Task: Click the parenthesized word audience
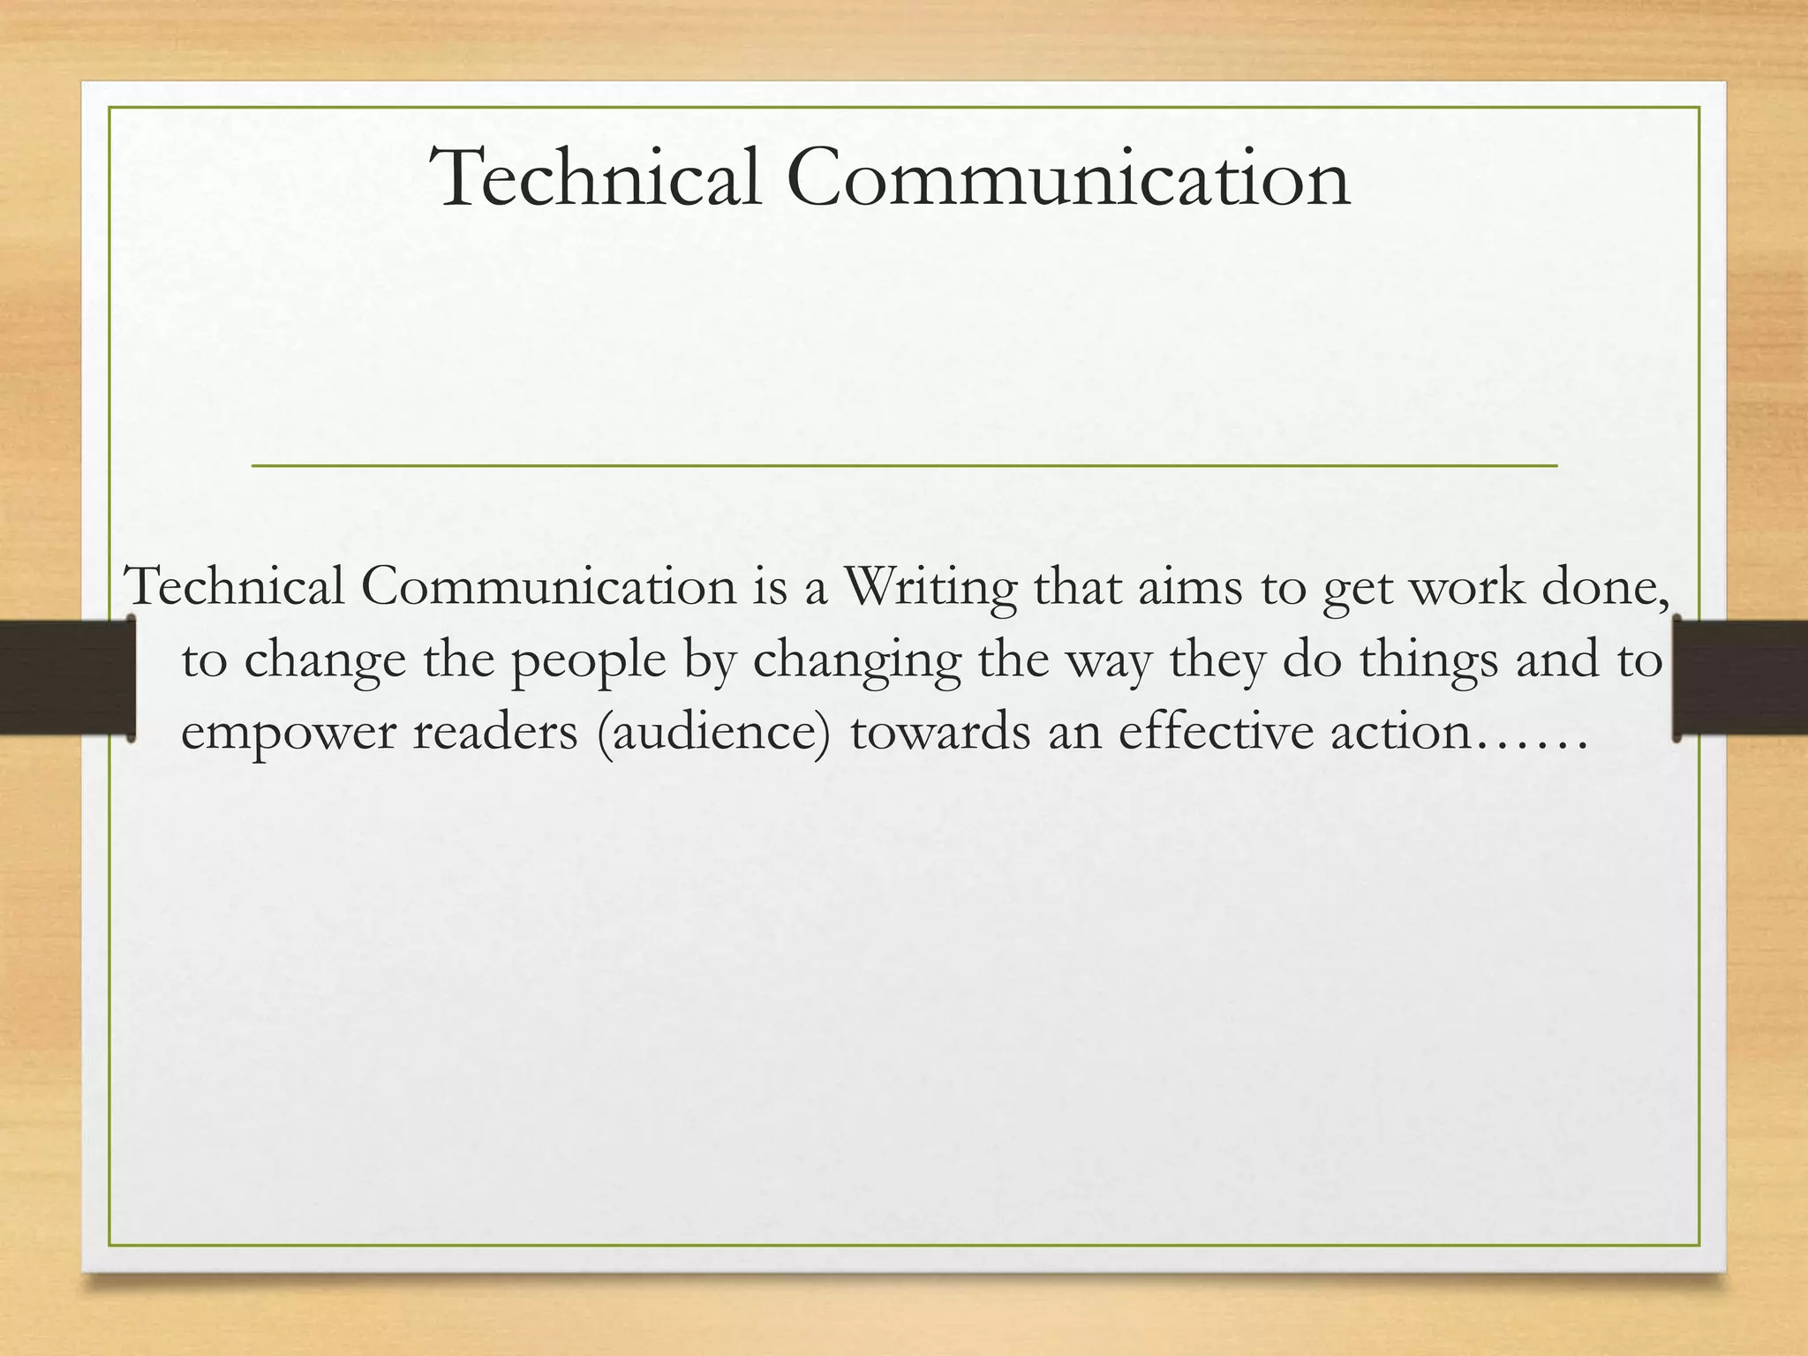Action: point(714,733)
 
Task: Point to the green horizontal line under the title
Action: point(904,465)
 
